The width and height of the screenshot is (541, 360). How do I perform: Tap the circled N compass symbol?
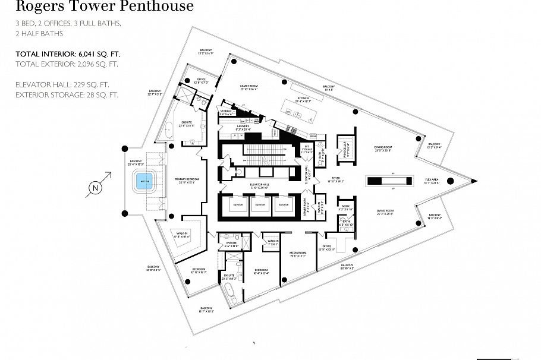tap(94, 190)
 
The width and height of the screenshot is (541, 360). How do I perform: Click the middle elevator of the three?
tap(257, 204)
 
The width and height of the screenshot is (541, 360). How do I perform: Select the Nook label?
tap(346, 207)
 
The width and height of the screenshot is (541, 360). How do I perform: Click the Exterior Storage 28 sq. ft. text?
tap(67, 94)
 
